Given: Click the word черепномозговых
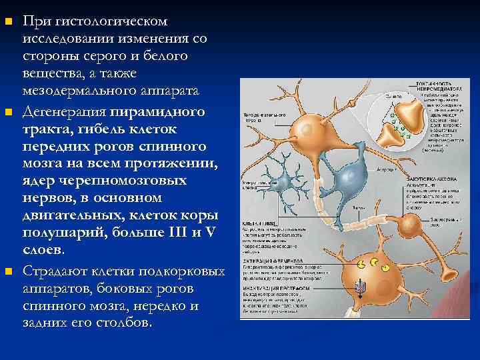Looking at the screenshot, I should point(124,181).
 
